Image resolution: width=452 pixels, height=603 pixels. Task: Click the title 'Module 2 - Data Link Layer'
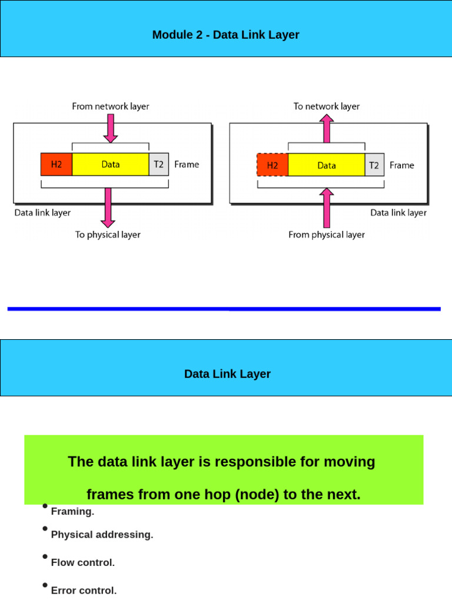pyautogui.click(x=225, y=35)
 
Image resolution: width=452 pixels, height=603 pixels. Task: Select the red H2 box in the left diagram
pyautogui.click(x=56, y=164)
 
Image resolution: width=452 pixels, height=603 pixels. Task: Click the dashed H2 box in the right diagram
pyautogui.click(x=272, y=165)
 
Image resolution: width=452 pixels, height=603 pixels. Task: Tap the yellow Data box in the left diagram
pyautogui.click(x=111, y=164)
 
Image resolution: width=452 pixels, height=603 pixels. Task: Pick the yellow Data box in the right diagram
pyautogui.click(x=327, y=165)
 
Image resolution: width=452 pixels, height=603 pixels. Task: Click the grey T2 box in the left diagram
pyautogui.click(x=159, y=164)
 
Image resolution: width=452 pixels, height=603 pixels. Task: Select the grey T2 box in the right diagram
pyautogui.click(x=374, y=165)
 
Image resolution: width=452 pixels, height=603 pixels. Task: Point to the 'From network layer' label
pyautogui.click(x=111, y=107)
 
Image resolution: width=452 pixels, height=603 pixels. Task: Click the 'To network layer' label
pyautogui.click(x=327, y=107)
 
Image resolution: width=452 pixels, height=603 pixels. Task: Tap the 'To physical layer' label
pyautogui.click(x=108, y=234)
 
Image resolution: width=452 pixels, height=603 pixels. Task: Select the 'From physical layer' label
pyautogui.click(x=327, y=234)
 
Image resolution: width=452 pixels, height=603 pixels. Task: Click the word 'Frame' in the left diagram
pyautogui.click(x=187, y=164)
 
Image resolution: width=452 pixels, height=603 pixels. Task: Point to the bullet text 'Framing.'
pyautogui.click(x=72, y=512)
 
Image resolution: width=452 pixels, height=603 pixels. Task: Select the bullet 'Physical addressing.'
pyautogui.click(x=102, y=535)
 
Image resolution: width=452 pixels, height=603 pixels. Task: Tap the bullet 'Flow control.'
pyautogui.click(x=82, y=562)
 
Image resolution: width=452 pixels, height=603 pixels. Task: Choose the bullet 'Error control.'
pyautogui.click(x=84, y=590)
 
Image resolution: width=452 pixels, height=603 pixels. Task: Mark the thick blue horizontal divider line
pyautogui.click(x=224, y=309)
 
